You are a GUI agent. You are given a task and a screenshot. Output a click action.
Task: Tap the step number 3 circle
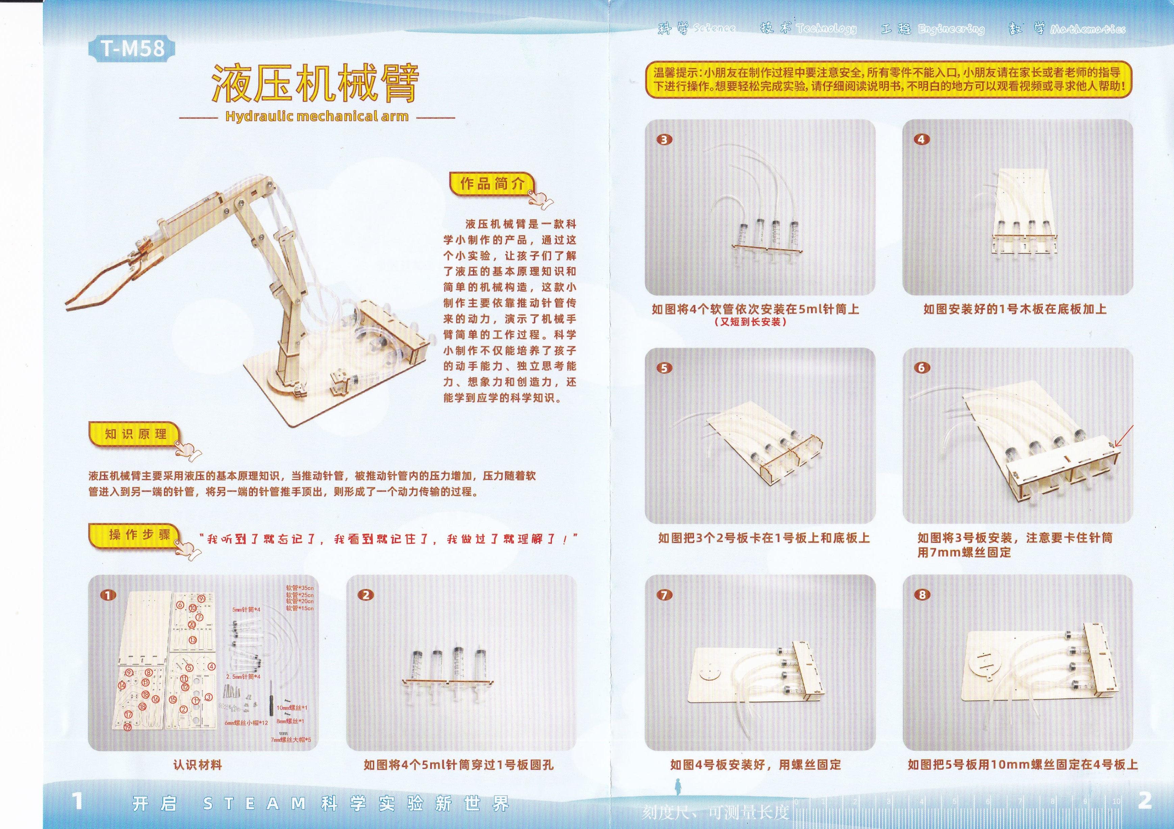664,139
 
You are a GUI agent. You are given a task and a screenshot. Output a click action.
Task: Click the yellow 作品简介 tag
492,184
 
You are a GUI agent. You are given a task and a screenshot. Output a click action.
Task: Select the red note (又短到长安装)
750,322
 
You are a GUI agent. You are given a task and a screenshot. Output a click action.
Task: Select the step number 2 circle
366,595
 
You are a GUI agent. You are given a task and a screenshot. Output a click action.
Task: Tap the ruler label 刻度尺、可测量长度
715,812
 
